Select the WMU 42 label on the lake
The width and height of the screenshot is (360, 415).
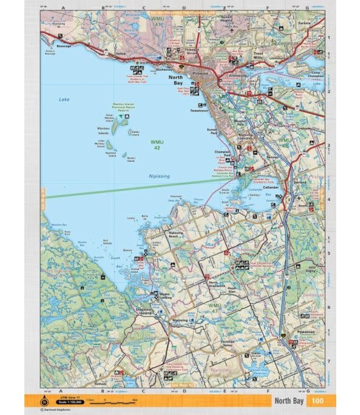tap(157, 144)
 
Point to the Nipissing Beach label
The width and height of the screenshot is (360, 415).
tap(177, 235)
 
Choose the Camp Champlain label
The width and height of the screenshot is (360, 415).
tap(317, 74)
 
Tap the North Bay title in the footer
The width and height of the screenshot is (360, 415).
tap(289, 401)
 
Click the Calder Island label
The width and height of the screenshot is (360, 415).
tap(136, 132)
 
